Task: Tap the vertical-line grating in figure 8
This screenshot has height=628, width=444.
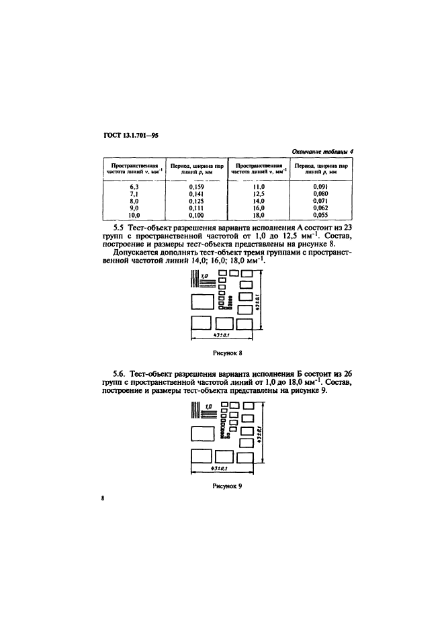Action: [195, 277]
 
